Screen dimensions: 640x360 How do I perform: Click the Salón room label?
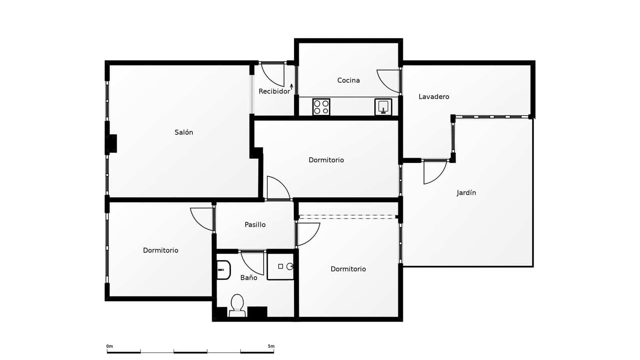184,132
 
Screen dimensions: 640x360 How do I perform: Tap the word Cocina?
348,80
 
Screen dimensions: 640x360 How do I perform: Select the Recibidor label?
274,92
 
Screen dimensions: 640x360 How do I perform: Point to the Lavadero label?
434,97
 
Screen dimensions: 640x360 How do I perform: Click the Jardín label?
466,193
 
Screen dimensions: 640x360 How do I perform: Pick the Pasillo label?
255,225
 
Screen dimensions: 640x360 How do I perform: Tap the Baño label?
248,278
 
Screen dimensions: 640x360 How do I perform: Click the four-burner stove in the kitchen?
321,107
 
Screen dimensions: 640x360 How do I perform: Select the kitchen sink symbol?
383,107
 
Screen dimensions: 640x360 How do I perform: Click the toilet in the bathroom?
237,306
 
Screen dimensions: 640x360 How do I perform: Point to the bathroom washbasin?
224,270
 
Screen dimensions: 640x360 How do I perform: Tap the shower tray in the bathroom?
280,266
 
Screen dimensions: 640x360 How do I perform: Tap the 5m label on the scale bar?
271,346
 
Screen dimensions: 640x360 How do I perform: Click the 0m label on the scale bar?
110,346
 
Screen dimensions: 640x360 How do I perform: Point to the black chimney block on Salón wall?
112,144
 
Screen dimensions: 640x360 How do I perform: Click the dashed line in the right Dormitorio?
347,217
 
